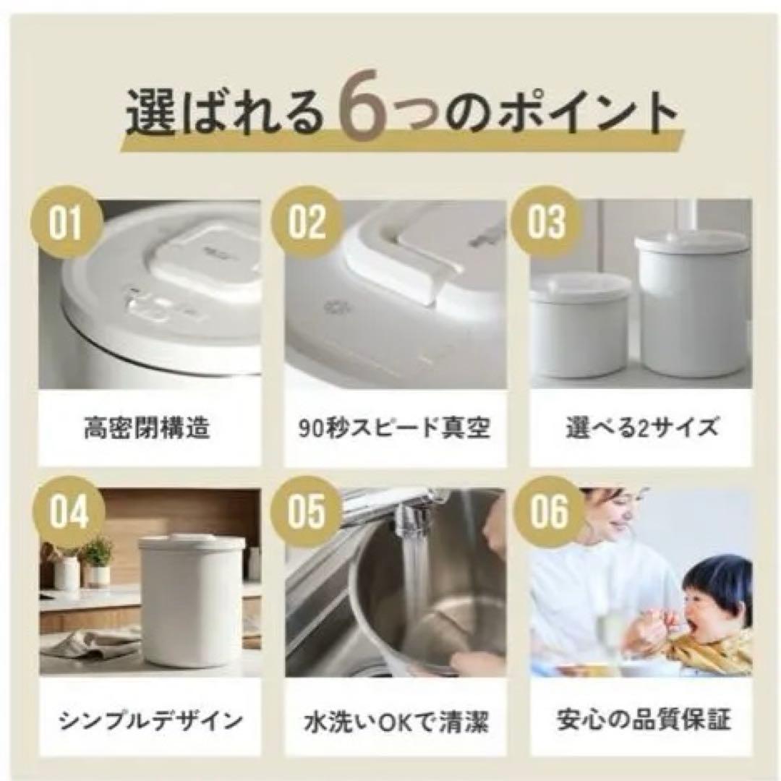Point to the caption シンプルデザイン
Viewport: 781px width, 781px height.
(x=150, y=721)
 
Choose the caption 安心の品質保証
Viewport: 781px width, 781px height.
(x=641, y=721)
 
